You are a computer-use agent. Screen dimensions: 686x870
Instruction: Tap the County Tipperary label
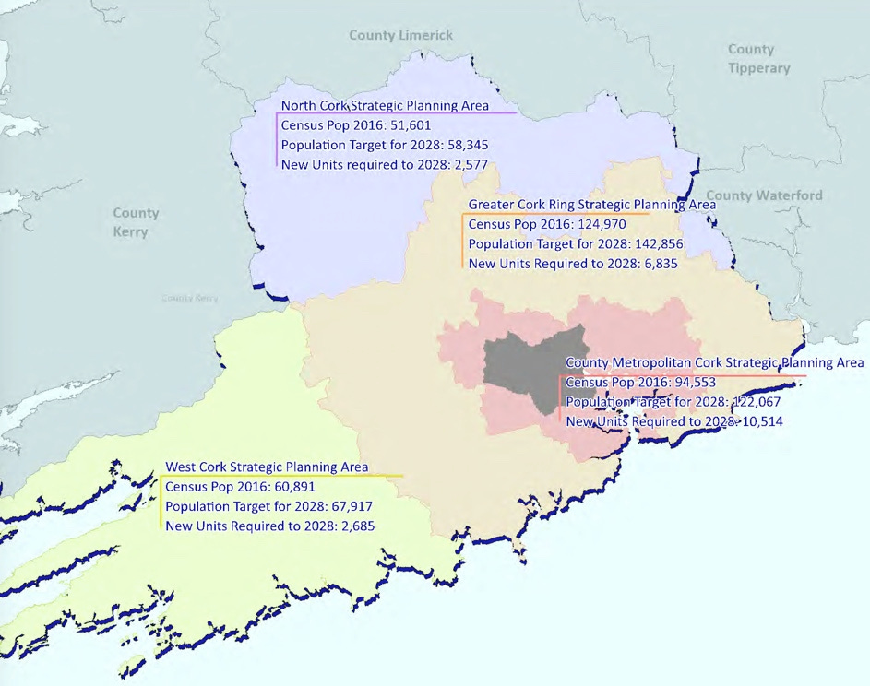pos(758,59)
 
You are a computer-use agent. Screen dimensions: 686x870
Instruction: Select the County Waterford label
pos(765,195)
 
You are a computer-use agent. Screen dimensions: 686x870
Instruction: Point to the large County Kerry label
pos(136,222)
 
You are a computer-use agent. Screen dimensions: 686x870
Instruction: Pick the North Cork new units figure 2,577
pos(469,165)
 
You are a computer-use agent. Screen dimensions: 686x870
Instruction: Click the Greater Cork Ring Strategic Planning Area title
pos(591,205)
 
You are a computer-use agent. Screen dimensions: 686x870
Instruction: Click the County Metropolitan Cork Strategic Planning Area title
pos(714,362)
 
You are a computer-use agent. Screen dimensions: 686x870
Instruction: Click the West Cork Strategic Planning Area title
pos(267,467)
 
